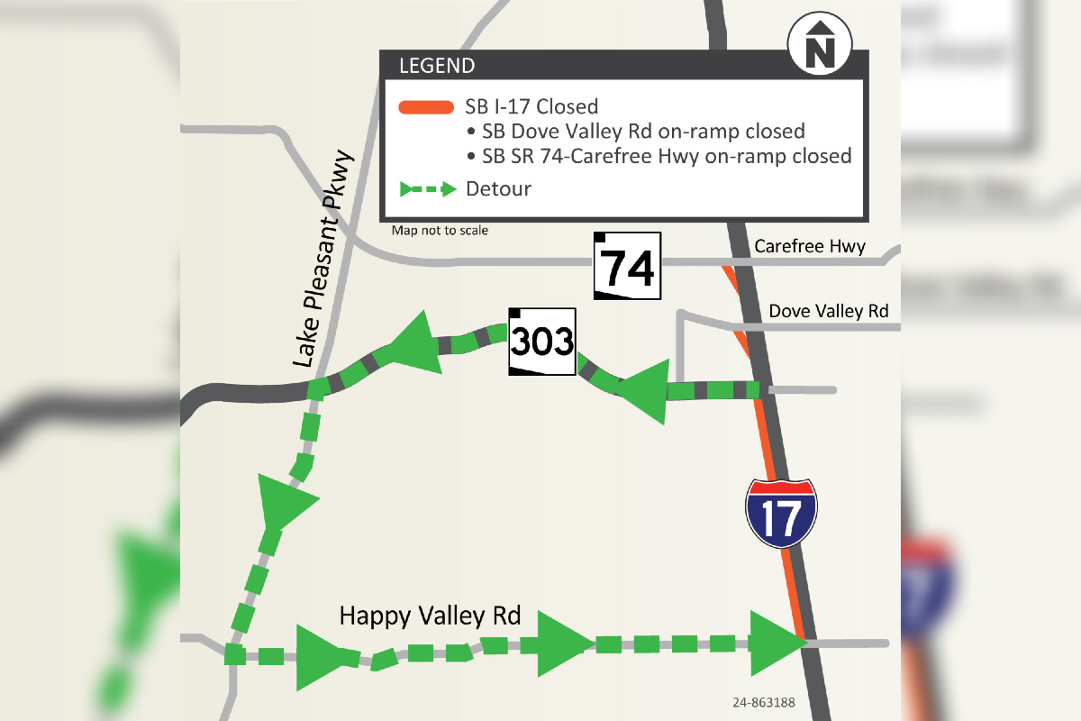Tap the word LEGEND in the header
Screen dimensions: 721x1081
click(437, 66)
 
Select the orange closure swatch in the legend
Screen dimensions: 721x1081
click(425, 107)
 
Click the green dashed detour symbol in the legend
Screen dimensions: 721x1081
click(427, 189)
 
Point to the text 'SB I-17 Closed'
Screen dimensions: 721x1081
click(531, 107)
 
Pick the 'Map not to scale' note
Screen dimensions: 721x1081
click(440, 231)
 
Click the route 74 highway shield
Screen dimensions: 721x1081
click(627, 266)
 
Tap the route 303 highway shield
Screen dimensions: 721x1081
click(542, 342)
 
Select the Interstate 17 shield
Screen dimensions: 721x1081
click(781, 511)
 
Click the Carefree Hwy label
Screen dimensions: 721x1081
click(810, 246)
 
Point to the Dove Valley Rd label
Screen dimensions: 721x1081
click(828, 311)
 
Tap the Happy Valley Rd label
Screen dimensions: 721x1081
click(430, 616)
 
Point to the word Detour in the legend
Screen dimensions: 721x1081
click(498, 189)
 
